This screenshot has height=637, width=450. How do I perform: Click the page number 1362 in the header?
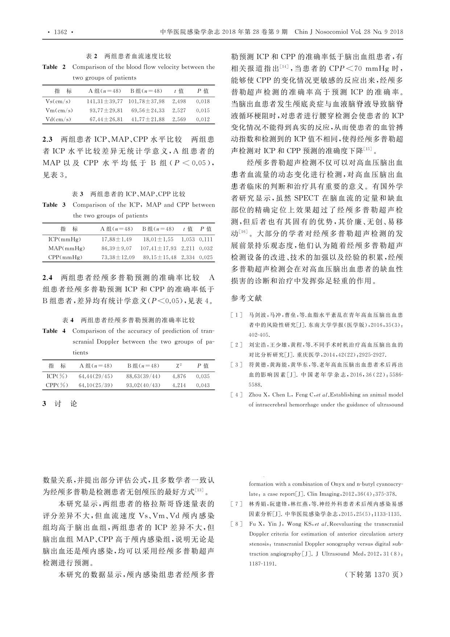click(x=61, y=32)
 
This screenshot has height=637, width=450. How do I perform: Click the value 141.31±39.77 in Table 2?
click(x=105, y=101)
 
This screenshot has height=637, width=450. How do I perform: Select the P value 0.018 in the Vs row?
click(x=203, y=101)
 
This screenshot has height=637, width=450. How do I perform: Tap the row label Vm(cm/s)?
click(x=59, y=110)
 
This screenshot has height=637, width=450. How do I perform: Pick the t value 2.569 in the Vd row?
click(x=179, y=119)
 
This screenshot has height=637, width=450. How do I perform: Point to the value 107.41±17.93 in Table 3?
click(x=158, y=248)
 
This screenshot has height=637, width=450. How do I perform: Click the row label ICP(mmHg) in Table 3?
click(x=65, y=239)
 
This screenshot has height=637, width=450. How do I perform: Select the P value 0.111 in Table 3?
click(x=206, y=239)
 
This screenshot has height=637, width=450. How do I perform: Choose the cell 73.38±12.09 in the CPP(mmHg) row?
click(x=118, y=257)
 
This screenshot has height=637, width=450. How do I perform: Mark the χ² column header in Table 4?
click(x=178, y=366)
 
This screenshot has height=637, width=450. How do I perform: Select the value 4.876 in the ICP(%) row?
click(x=179, y=376)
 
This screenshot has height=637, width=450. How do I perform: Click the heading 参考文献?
click(x=246, y=298)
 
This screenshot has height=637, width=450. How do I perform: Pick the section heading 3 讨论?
click(x=60, y=404)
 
